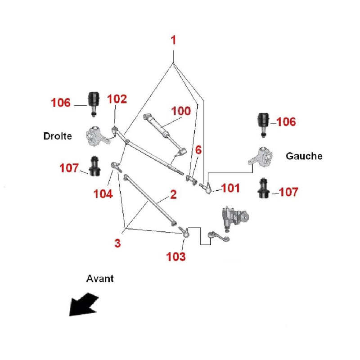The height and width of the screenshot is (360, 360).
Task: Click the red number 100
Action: tap(181, 111)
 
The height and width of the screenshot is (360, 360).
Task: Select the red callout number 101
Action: tap(230, 188)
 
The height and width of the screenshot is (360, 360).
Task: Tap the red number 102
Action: tap(117, 99)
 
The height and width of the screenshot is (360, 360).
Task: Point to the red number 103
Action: tap(176, 256)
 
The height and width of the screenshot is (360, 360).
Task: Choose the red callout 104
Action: tap(103, 194)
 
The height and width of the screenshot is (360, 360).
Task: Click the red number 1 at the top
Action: tap(173, 40)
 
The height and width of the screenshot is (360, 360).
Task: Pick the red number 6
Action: tap(198, 150)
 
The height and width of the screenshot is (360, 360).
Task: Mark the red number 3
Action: tap(117, 243)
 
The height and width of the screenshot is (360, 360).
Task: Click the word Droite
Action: tap(58, 136)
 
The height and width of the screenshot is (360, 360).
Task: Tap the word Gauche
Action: tap(304, 156)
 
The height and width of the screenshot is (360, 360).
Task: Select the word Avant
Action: tap(100, 279)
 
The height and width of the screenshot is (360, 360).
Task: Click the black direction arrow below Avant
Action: tap(84, 305)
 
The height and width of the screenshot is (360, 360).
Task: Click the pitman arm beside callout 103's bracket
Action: tap(219, 237)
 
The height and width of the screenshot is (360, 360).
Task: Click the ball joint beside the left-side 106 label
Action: tap(94, 104)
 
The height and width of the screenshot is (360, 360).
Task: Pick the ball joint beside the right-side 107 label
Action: tap(264, 188)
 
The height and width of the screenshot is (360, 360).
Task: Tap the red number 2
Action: tap(173, 195)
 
